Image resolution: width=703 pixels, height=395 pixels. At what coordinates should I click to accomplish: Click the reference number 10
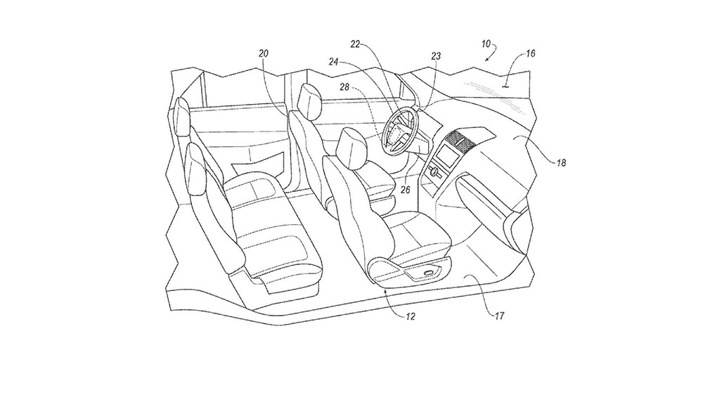coord(486,44)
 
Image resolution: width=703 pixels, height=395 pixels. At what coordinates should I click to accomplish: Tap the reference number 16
coord(530,53)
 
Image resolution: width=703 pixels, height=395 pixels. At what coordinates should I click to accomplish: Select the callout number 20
coord(264,53)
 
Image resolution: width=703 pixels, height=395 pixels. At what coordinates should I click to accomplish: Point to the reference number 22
coord(355,44)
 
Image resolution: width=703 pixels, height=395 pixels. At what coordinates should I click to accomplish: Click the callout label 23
coord(436,56)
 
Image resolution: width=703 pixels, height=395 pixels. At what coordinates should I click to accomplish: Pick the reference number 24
coord(333,62)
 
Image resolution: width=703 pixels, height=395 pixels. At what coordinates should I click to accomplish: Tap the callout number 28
coord(344,87)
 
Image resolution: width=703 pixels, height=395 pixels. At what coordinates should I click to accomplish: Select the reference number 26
coord(406,190)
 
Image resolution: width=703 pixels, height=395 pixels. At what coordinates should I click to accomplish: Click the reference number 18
coord(561,163)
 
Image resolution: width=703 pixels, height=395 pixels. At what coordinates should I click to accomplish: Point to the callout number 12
coord(410,316)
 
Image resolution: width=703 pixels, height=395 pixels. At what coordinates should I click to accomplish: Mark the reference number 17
coord(499,316)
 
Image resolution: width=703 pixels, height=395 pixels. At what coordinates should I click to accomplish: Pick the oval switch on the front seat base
coord(428,272)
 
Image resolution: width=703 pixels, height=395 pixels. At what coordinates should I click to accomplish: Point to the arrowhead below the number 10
coord(486,58)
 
